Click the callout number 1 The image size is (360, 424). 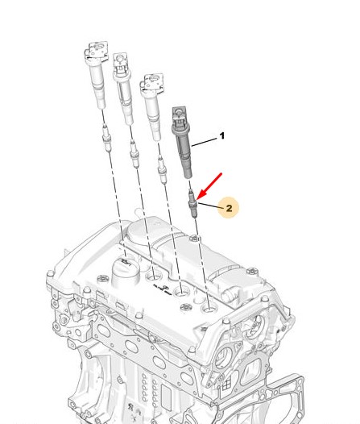pyautogui.click(x=222, y=135)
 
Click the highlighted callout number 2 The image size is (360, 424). pyautogui.click(x=229, y=208)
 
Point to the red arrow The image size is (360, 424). pyautogui.click(x=209, y=186)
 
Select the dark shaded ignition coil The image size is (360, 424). pyautogui.click(x=182, y=143)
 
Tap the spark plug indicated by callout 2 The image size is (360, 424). pyautogui.click(x=192, y=204)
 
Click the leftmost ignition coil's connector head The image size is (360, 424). pyautogui.click(x=96, y=52)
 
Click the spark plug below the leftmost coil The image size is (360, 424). pyautogui.click(x=107, y=138)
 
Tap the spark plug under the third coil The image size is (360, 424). pyautogui.click(x=162, y=170)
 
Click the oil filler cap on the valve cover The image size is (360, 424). pyautogui.click(x=126, y=272)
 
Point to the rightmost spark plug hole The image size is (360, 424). pyautogui.click(x=210, y=308)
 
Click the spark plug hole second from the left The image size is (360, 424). pyautogui.click(x=154, y=276)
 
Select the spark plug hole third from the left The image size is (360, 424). pyautogui.click(x=181, y=292)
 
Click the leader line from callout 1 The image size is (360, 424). pyautogui.click(x=204, y=142)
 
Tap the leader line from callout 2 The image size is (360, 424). pyautogui.click(x=211, y=205)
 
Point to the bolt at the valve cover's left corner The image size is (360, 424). pyautogui.click(x=50, y=273)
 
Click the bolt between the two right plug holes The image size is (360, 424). pyautogui.click(x=187, y=307)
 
